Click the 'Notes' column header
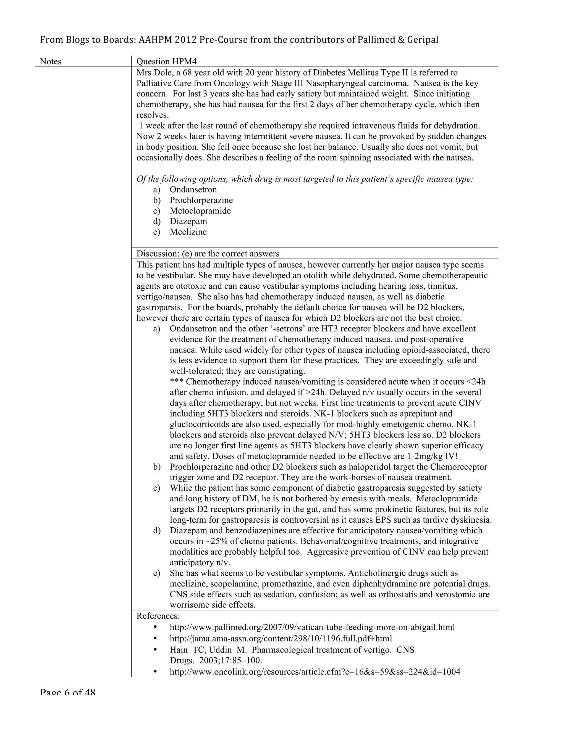(x=51, y=62)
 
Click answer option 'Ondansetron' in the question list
(x=193, y=190)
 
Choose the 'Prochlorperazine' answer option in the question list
(x=201, y=201)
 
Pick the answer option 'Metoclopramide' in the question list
(x=200, y=211)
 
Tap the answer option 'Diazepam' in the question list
(x=188, y=222)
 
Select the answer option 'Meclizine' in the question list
(x=188, y=232)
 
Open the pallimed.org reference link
(x=312, y=627)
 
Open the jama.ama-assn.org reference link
(x=281, y=638)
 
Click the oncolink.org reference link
(x=315, y=672)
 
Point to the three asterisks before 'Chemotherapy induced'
(x=176, y=382)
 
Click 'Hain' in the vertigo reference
(x=178, y=650)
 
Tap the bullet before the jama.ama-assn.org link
(x=155, y=638)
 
